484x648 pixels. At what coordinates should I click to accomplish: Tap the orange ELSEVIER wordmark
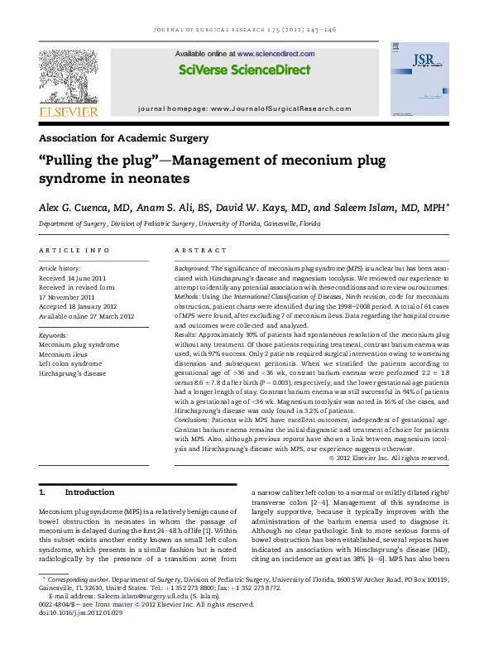[69, 112]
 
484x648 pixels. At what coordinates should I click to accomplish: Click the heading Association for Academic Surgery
[123, 138]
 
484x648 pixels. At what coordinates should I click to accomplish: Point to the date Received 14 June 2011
[73, 278]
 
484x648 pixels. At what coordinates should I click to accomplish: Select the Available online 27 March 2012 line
[86, 315]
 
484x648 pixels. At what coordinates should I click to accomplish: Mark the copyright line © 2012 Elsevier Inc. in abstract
[401, 457]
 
